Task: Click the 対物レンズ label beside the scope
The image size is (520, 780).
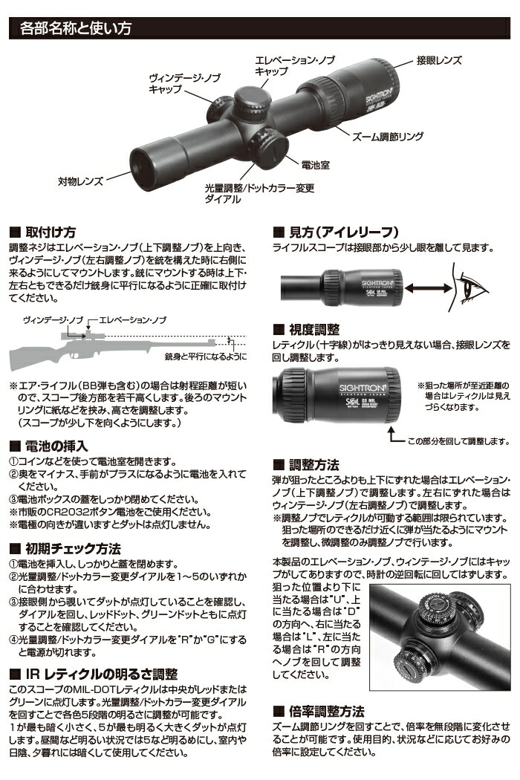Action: pos(79,181)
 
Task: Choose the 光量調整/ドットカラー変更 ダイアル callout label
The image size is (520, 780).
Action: pos(259,194)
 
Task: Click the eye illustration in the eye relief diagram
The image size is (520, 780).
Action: pos(475,287)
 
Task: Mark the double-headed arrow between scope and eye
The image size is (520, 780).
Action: pos(431,288)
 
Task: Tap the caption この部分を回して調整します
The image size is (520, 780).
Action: pos(457,441)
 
